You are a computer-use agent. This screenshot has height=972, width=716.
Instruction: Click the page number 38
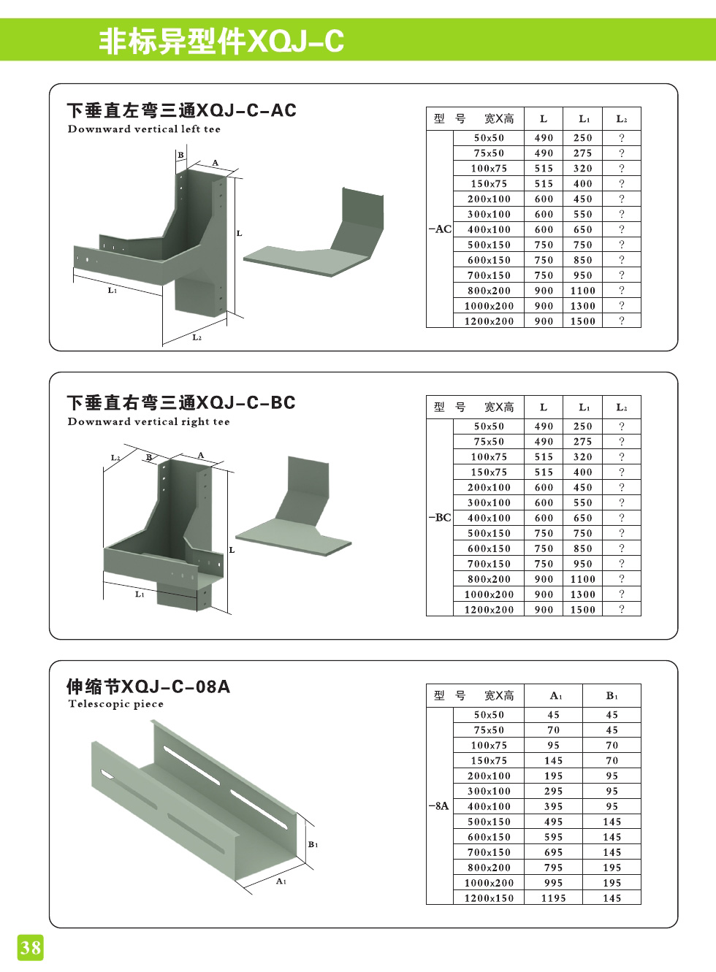pos(30,948)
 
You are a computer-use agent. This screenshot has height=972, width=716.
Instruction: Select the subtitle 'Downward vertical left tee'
pos(144,129)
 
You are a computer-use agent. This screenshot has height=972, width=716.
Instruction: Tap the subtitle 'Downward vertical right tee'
pos(148,421)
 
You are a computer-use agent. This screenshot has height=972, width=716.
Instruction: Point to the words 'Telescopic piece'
pos(115,704)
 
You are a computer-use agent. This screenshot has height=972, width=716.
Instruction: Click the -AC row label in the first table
pos(440,229)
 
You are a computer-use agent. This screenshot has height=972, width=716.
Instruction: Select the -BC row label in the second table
pos(440,518)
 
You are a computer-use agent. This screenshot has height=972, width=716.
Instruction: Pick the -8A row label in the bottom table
pos(439,806)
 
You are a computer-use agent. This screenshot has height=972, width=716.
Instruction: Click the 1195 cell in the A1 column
pos(553,898)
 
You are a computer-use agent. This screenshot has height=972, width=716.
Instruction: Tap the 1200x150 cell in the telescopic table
pos(489,898)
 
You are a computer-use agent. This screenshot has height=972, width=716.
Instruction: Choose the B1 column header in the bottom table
pos(612,696)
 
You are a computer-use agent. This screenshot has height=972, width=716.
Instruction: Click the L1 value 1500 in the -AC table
pos(582,321)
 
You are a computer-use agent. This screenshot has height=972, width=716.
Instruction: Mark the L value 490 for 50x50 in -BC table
pos(544,426)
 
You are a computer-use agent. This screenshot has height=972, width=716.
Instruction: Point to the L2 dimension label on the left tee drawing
pos(197,337)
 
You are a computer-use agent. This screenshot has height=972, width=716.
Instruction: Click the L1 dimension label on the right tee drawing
pos(140,594)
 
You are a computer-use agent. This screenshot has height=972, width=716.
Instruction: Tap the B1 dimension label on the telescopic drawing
pos(313,844)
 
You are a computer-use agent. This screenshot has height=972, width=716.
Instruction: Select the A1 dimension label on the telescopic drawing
pos(281,881)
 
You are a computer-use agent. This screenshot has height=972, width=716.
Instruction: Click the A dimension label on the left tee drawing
pos(216,163)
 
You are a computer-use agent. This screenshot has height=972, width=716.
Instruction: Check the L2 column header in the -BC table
pos(621,407)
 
